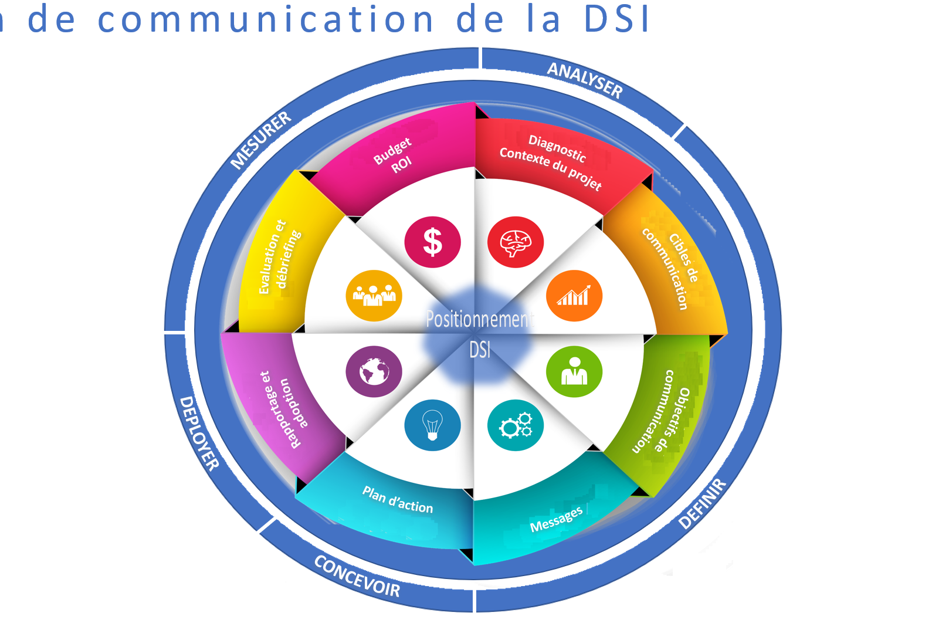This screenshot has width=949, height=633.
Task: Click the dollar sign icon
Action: point(432,242)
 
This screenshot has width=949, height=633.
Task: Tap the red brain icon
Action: point(516,242)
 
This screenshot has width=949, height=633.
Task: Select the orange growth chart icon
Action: point(574,296)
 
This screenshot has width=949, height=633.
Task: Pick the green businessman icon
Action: point(574,371)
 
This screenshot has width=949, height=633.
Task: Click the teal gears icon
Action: point(516,425)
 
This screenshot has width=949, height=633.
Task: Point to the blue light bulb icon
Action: point(432,425)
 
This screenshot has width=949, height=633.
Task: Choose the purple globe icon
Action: point(374,371)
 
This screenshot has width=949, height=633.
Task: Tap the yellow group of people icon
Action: point(374,296)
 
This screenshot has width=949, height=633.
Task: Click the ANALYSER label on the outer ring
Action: point(585,80)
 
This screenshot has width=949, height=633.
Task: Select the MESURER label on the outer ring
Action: point(261,140)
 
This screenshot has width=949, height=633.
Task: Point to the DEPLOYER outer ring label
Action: point(199,433)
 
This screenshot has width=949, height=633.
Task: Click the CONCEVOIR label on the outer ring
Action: point(357,576)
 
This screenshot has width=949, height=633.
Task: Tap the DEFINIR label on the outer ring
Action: point(703,504)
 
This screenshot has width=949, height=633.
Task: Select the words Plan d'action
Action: point(398,500)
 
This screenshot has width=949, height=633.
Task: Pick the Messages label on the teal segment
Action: point(556,519)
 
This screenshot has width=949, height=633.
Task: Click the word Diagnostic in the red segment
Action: point(557,148)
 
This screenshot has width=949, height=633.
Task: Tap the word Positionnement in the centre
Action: point(480,320)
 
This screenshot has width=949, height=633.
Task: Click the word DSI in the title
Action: point(617,19)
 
